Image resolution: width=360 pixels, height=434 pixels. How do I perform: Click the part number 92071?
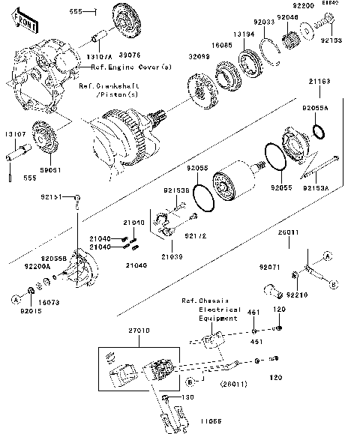pyautogui.click(x=269, y=266)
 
